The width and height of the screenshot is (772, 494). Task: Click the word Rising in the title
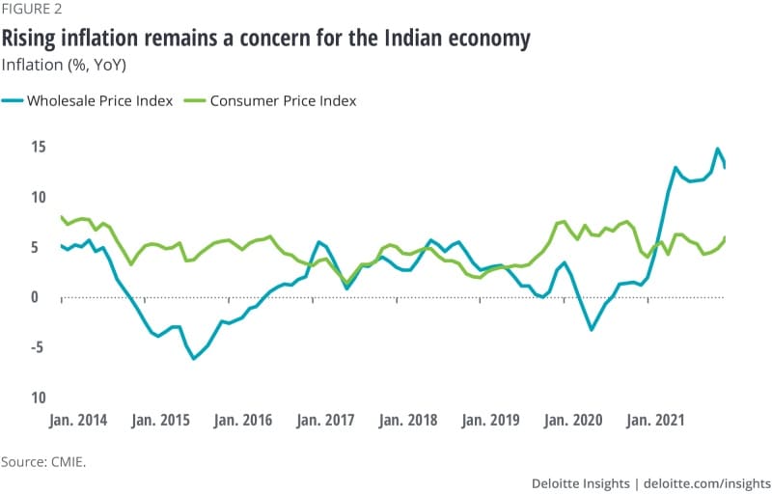[x=34, y=40]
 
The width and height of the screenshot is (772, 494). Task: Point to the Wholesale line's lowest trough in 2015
[x=194, y=359]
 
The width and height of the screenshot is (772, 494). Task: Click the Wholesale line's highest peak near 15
[x=717, y=149]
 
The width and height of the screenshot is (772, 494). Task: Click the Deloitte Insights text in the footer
[x=584, y=481]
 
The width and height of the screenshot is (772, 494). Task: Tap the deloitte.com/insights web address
[x=710, y=481]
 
